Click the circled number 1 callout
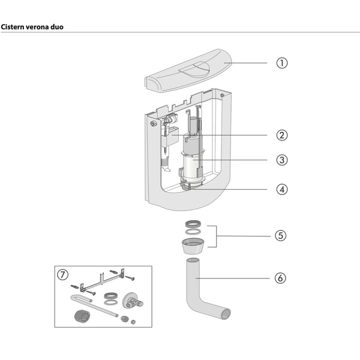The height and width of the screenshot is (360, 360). click(x=281, y=62)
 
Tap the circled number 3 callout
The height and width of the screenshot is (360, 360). click(x=281, y=160)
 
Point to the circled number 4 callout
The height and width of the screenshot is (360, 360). click(x=281, y=189)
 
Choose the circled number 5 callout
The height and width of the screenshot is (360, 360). click(x=281, y=235)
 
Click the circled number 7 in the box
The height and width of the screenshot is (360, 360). click(x=63, y=275)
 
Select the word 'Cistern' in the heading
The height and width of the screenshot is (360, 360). click(x=13, y=27)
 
